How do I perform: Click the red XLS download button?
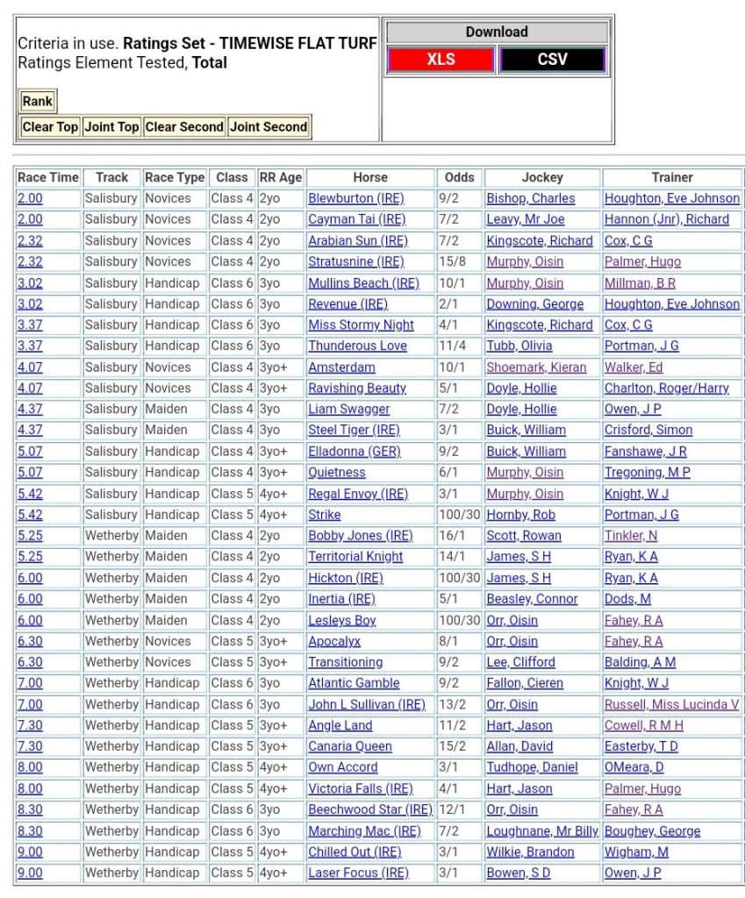point(441,60)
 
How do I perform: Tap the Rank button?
point(38,101)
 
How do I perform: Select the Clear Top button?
point(50,126)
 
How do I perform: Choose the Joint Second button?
point(269,126)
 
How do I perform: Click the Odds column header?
point(460,177)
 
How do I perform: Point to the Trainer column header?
point(672,177)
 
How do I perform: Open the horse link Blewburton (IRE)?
point(355,198)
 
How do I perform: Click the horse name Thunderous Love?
point(357,346)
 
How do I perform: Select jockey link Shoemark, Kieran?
point(536,367)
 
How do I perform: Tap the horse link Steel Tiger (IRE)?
point(354,430)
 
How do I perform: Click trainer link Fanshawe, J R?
point(645,451)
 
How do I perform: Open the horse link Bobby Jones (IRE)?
point(360,536)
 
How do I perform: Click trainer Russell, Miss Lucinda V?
point(671,704)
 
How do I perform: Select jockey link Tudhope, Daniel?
point(532,767)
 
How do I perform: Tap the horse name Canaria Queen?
point(349,746)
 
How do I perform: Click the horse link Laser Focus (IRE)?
point(358,873)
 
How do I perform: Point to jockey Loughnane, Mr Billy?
point(542,830)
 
